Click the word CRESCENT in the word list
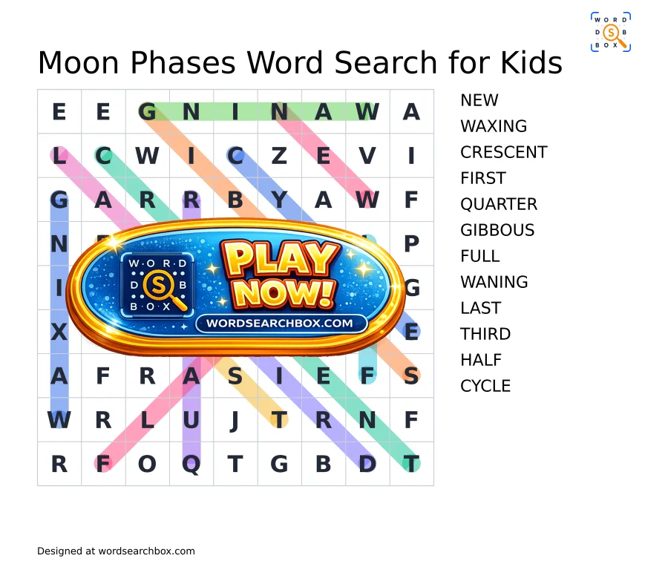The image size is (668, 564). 503,152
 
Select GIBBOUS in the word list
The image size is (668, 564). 497,230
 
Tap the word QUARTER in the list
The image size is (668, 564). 499,205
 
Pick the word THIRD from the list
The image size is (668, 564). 485,334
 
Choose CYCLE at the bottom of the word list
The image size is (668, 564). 485,386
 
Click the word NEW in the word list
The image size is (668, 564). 479,100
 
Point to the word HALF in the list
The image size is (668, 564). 481,360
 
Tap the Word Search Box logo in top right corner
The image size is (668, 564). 611,32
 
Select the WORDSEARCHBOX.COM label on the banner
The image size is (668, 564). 280,324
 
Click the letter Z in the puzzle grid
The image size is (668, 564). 279,156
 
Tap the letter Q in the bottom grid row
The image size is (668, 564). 191,465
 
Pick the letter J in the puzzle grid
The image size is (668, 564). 235,421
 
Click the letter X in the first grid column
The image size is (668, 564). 59,332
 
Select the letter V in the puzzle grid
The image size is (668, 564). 367,156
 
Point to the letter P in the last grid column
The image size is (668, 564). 411,244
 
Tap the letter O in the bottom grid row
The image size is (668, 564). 147,464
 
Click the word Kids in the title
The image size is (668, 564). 531,62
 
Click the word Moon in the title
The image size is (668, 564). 79,62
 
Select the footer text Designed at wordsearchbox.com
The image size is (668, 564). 116,551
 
